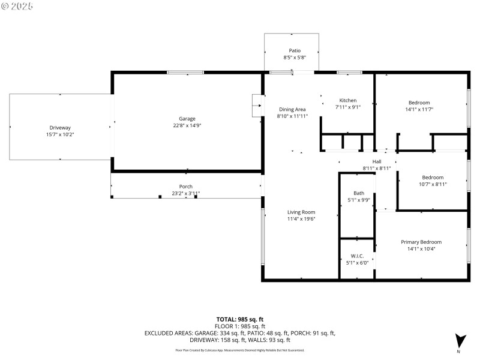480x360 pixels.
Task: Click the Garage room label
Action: (187, 119)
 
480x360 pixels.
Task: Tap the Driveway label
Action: (60, 128)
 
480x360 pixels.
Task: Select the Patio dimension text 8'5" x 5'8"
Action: (295, 58)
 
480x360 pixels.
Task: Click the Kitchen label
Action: (348, 100)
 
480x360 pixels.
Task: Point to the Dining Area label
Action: (292, 109)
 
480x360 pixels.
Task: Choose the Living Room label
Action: (301, 212)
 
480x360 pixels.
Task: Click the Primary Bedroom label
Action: (421, 242)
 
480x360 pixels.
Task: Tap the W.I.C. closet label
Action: (356, 256)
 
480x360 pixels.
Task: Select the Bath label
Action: (358, 193)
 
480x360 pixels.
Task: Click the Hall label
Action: (376, 161)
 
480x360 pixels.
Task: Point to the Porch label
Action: (186, 187)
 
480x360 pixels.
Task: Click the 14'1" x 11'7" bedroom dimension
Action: (419, 110)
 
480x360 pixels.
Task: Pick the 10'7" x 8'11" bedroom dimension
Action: (432, 184)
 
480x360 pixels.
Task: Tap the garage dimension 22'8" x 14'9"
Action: (187, 126)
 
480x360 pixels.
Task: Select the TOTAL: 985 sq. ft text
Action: (240, 319)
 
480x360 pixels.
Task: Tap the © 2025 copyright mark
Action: (17, 6)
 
